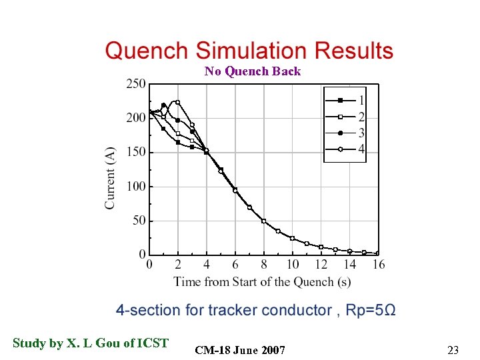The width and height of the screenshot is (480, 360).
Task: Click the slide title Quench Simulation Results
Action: (249, 51)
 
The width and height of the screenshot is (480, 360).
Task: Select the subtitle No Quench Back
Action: (253, 71)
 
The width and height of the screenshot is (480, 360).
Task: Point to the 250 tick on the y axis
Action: (135, 84)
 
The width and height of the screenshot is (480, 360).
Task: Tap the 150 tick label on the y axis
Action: (135, 153)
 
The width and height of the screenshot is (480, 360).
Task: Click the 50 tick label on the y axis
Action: (138, 221)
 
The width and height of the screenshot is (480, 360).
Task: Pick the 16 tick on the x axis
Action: (378, 265)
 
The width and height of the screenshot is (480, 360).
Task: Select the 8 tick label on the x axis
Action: (264, 265)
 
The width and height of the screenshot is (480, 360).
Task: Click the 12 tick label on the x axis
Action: (321, 265)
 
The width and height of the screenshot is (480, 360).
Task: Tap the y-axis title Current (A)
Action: (110, 178)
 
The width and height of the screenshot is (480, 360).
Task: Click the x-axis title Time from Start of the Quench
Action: (262, 282)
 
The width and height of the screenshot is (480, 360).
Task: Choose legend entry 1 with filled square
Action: (345, 101)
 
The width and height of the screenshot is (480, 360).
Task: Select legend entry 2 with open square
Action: (345, 117)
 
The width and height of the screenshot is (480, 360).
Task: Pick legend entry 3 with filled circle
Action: (345, 133)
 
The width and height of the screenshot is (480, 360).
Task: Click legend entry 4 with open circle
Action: (345, 149)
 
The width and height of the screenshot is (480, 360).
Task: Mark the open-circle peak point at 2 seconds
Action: (178, 102)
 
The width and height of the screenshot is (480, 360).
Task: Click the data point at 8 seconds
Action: (264, 221)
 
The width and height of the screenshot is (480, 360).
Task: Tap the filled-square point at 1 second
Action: (163, 129)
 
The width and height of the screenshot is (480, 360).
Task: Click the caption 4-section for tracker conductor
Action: (256, 311)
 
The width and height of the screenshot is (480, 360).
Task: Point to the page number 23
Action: (453, 350)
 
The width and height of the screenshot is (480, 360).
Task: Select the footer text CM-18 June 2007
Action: (241, 351)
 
